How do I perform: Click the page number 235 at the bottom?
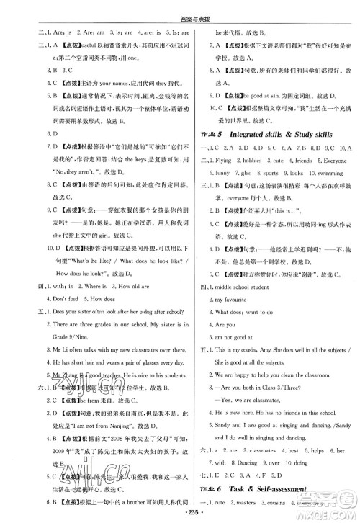coord(179,511)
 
